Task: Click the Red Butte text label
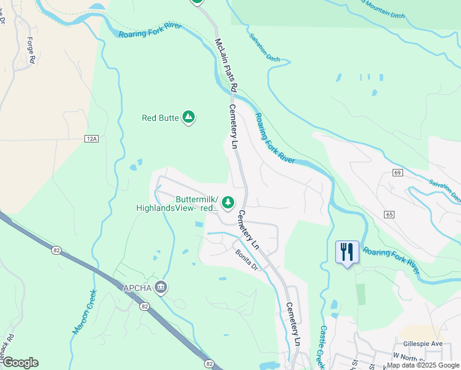click(160, 117)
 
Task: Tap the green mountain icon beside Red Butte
click(189, 117)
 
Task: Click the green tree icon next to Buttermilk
click(229, 202)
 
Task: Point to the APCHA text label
click(137, 286)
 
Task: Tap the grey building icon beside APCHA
click(161, 286)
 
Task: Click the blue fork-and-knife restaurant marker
click(347, 252)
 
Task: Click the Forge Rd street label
click(31, 49)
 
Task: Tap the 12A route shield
click(92, 139)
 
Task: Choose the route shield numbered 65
click(388, 214)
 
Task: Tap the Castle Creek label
click(322, 347)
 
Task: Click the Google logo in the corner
click(20, 362)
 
